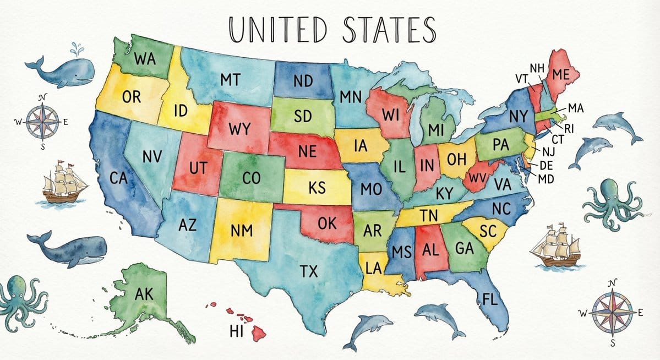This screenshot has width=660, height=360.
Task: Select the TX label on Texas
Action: [x=308, y=270]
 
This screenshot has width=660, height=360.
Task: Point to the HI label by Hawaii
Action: [x=236, y=331]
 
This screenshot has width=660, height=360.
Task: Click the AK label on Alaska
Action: [x=144, y=295]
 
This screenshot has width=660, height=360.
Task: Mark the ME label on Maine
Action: [x=560, y=74]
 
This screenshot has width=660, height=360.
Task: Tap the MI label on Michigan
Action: [x=435, y=130]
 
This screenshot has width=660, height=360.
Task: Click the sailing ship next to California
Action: [x=64, y=183]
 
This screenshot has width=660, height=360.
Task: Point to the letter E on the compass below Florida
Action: [x=640, y=313]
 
